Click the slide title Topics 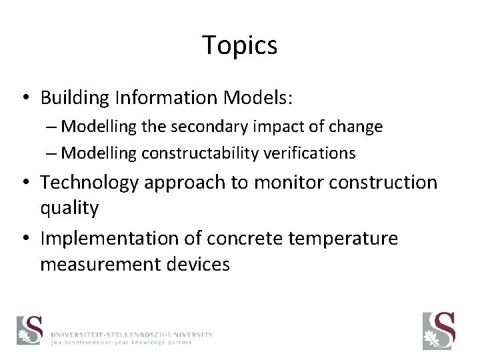pyautogui.click(x=240, y=46)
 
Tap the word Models pyautogui.click(x=253, y=98)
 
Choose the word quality pyautogui.click(x=69, y=208)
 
